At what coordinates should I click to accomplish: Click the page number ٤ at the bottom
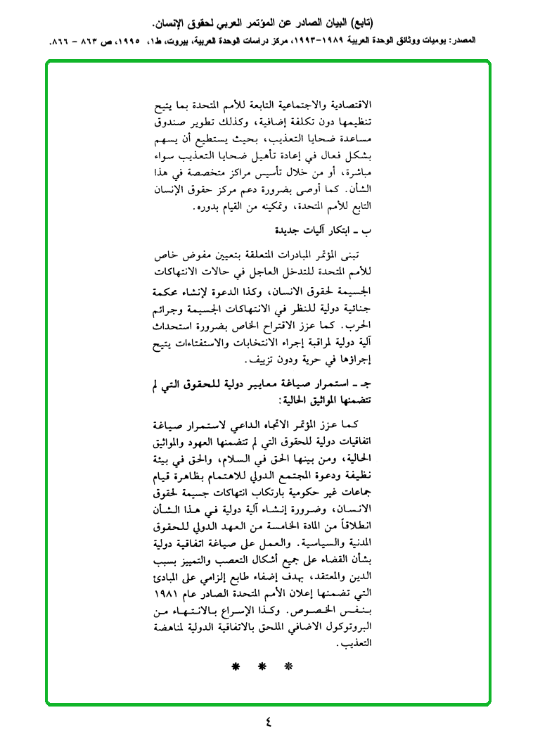267,720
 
